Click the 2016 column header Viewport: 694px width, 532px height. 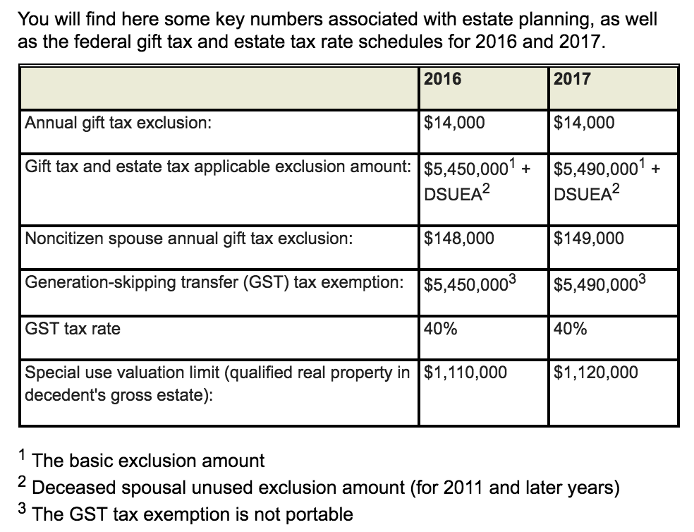click(442, 79)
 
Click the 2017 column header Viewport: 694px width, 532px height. click(572, 79)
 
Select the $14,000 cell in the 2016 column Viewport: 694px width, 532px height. click(454, 123)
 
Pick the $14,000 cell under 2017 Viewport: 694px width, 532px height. click(584, 123)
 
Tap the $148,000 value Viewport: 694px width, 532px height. click(458, 238)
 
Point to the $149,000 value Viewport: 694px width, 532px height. click(588, 238)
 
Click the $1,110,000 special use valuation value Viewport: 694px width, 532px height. click(465, 373)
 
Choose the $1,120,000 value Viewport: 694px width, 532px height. click(595, 373)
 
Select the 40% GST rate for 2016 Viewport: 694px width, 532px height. click(440, 329)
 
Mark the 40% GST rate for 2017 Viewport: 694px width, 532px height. click(570, 329)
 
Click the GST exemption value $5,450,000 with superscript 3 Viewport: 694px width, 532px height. click(470, 283)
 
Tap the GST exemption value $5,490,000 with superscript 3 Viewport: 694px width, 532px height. click(599, 283)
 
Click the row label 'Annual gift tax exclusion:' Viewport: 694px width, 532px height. click(118, 123)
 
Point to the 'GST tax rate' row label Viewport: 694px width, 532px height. click(73, 329)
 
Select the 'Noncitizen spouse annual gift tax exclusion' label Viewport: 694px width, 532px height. click(189, 238)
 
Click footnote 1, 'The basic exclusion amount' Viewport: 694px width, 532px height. click(141, 460)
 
